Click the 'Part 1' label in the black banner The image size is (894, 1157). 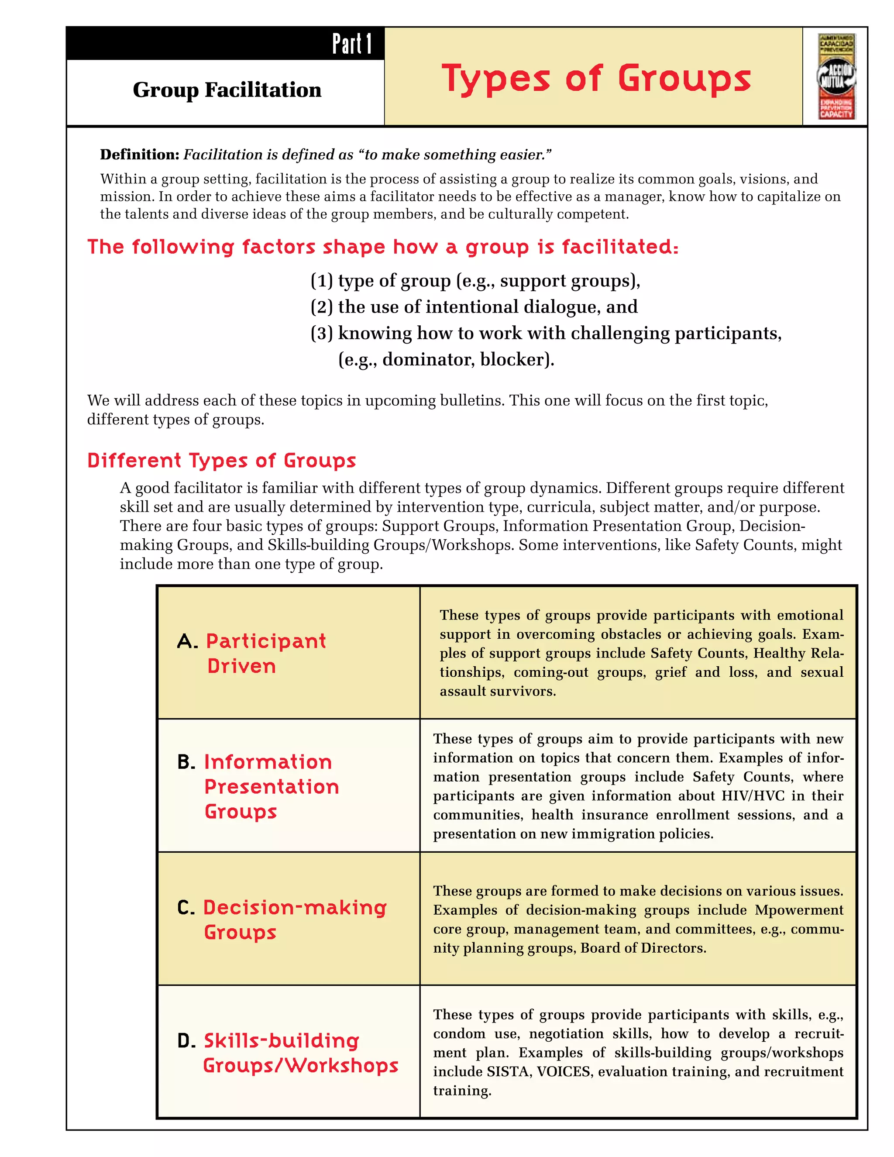click(352, 44)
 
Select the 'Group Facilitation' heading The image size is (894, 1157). click(227, 90)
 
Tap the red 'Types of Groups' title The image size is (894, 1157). click(596, 79)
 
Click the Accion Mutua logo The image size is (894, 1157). click(836, 77)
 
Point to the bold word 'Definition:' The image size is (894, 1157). click(140, 155)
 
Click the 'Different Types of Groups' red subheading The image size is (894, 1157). click(221, 460)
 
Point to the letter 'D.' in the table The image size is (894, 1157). click(187, 1041)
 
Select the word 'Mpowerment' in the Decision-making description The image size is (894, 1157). click(799, 910)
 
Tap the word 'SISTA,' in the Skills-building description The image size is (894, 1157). click(509, 1072)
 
